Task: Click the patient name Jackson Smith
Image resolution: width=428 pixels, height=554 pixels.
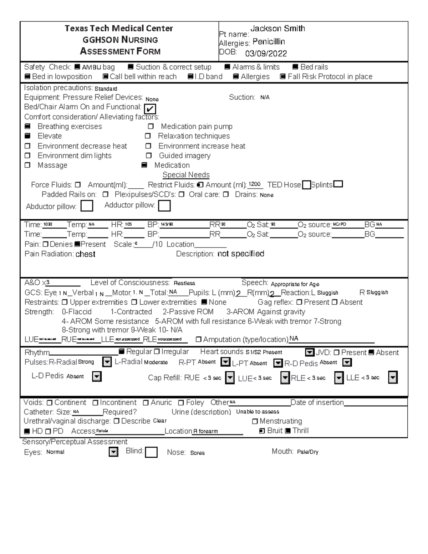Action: (277, 29)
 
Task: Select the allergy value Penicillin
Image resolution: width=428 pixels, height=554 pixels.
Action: (269, 42)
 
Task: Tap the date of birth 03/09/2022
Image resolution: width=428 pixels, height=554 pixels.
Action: (266, 54)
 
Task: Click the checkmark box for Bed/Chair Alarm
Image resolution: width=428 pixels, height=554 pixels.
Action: (150, 109)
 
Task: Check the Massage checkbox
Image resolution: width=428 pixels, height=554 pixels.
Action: (27, 165)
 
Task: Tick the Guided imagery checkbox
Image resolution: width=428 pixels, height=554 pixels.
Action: (149, 156)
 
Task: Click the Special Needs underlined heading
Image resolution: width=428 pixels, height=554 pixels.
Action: (186, 175)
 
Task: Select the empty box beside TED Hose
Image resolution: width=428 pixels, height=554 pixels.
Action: (306, 185)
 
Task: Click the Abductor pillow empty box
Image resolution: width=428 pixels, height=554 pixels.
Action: (87, 206)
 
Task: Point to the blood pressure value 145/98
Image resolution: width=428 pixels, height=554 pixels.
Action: (167, 225)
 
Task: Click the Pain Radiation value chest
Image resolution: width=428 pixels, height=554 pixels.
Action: (85, 254)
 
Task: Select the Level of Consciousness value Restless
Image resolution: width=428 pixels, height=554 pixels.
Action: (184, 283)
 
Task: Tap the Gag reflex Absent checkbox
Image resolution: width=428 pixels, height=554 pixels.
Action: (335, 302)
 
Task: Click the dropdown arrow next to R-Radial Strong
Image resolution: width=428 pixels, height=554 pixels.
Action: (107, 362)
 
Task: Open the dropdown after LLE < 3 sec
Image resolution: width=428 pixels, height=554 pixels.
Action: (392, 377)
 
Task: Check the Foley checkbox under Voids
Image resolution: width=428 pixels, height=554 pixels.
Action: (181, 403)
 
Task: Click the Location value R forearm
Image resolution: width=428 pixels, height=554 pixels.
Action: (205, 431)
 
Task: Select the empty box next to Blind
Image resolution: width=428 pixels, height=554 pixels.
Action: (151, 452)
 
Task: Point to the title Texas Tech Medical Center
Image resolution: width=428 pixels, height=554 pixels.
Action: (119, 29)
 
